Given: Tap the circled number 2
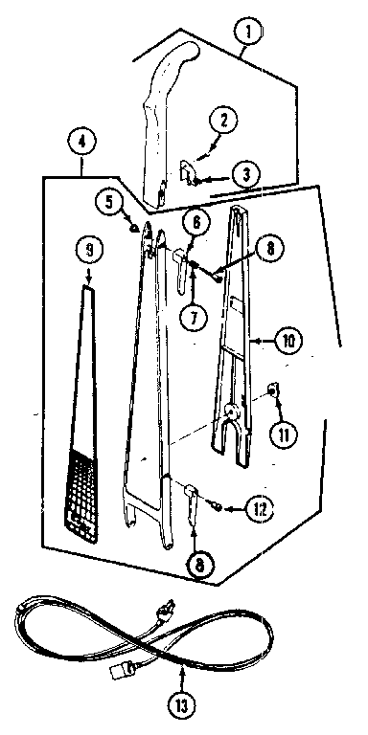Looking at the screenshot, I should coord(222,121).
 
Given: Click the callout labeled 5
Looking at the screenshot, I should coord(110,201).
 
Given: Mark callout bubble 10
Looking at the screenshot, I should coord(287,337).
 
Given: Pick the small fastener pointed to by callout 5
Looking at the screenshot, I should coord(136,228).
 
